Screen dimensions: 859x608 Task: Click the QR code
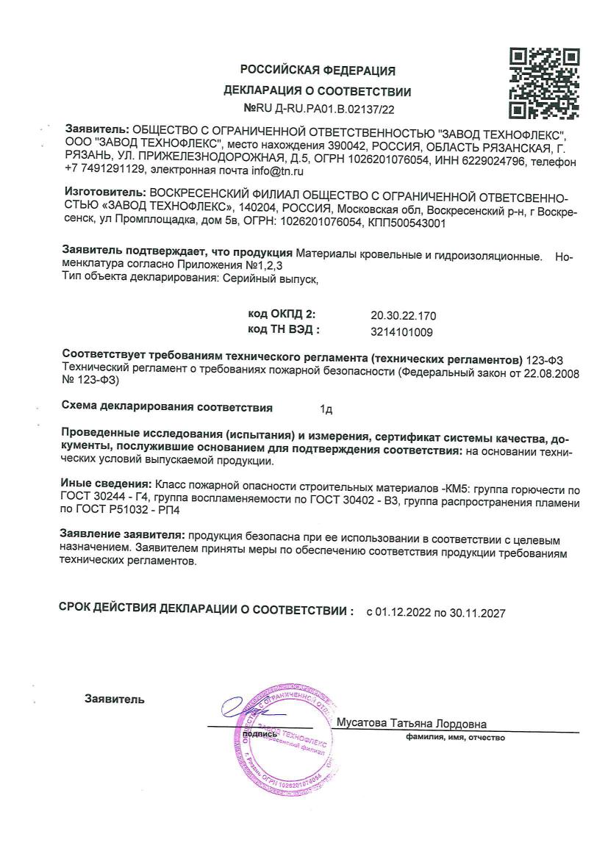point(545,84)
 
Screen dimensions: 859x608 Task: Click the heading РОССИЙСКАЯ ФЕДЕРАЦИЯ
point(318,71)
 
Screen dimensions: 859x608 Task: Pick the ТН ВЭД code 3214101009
point(402,331)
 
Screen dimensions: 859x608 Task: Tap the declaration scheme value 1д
point(326,409)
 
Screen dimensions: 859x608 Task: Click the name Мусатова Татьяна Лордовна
point(411,723)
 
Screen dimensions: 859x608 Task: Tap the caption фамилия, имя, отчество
point(455,737)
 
